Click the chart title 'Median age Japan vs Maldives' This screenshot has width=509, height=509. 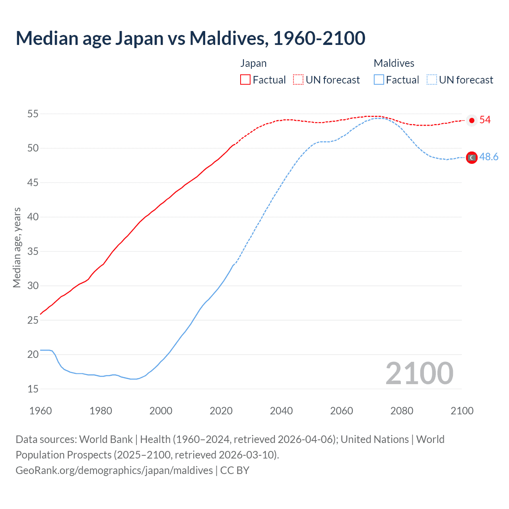[x=190, y=38]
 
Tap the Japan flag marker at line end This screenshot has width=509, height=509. [x=472, y=120]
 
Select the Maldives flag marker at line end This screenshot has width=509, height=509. [x=472, y=158]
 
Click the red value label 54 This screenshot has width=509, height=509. [x=485, y=120]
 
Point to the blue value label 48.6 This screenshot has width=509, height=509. [x=489, y=157]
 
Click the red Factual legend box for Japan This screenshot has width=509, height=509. [x=245, y=80]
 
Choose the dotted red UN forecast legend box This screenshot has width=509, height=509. [x=298, y=80]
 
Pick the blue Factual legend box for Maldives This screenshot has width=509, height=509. [x=379, y=80]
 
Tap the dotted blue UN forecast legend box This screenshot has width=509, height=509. [x=432, y=80]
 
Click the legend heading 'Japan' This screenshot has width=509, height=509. [x=253, y=63]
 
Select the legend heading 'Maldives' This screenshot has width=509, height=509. [x=394, y=63]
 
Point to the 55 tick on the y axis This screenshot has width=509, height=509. [x=33, y=114]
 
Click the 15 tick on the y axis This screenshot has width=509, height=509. [x=33, y=389]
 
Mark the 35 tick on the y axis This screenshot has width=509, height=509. [x=33, y=252]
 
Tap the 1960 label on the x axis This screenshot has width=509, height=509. [x=41, y=411]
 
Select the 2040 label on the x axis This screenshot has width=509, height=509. [x=281, y=411]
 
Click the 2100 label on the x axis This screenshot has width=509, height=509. [x=462, y=411]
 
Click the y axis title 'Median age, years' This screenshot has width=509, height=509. [x=17, y=247]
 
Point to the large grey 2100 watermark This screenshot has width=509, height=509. [x=419, y=373]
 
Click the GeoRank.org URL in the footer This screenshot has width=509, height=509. [x=114, y=470]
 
